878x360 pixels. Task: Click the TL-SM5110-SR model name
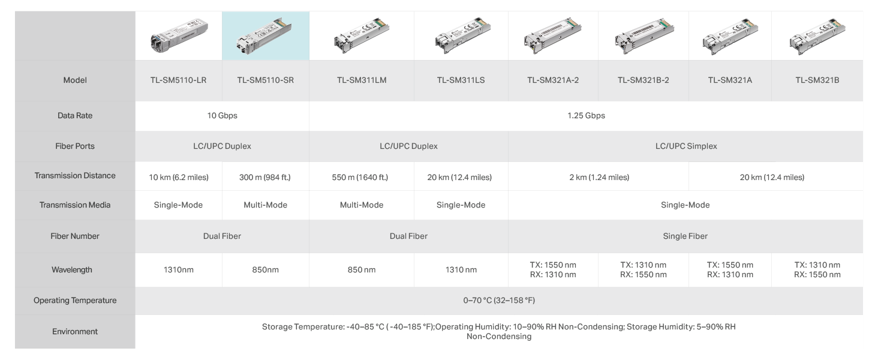coord(265,80)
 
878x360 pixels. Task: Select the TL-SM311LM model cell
coord(362,80)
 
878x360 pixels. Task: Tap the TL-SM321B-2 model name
coord(644,80)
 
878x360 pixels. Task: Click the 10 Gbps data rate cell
coord(222,116)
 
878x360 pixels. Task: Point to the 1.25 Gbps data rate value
coord(586,116)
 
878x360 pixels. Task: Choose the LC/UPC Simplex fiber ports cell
coord(686,146)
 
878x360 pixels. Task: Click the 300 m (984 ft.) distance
coord(265,177)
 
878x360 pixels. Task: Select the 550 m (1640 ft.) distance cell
coord(360,177)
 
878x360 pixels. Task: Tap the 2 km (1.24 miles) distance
coord(599,177)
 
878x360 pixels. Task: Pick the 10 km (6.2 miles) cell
coord(179,177)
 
